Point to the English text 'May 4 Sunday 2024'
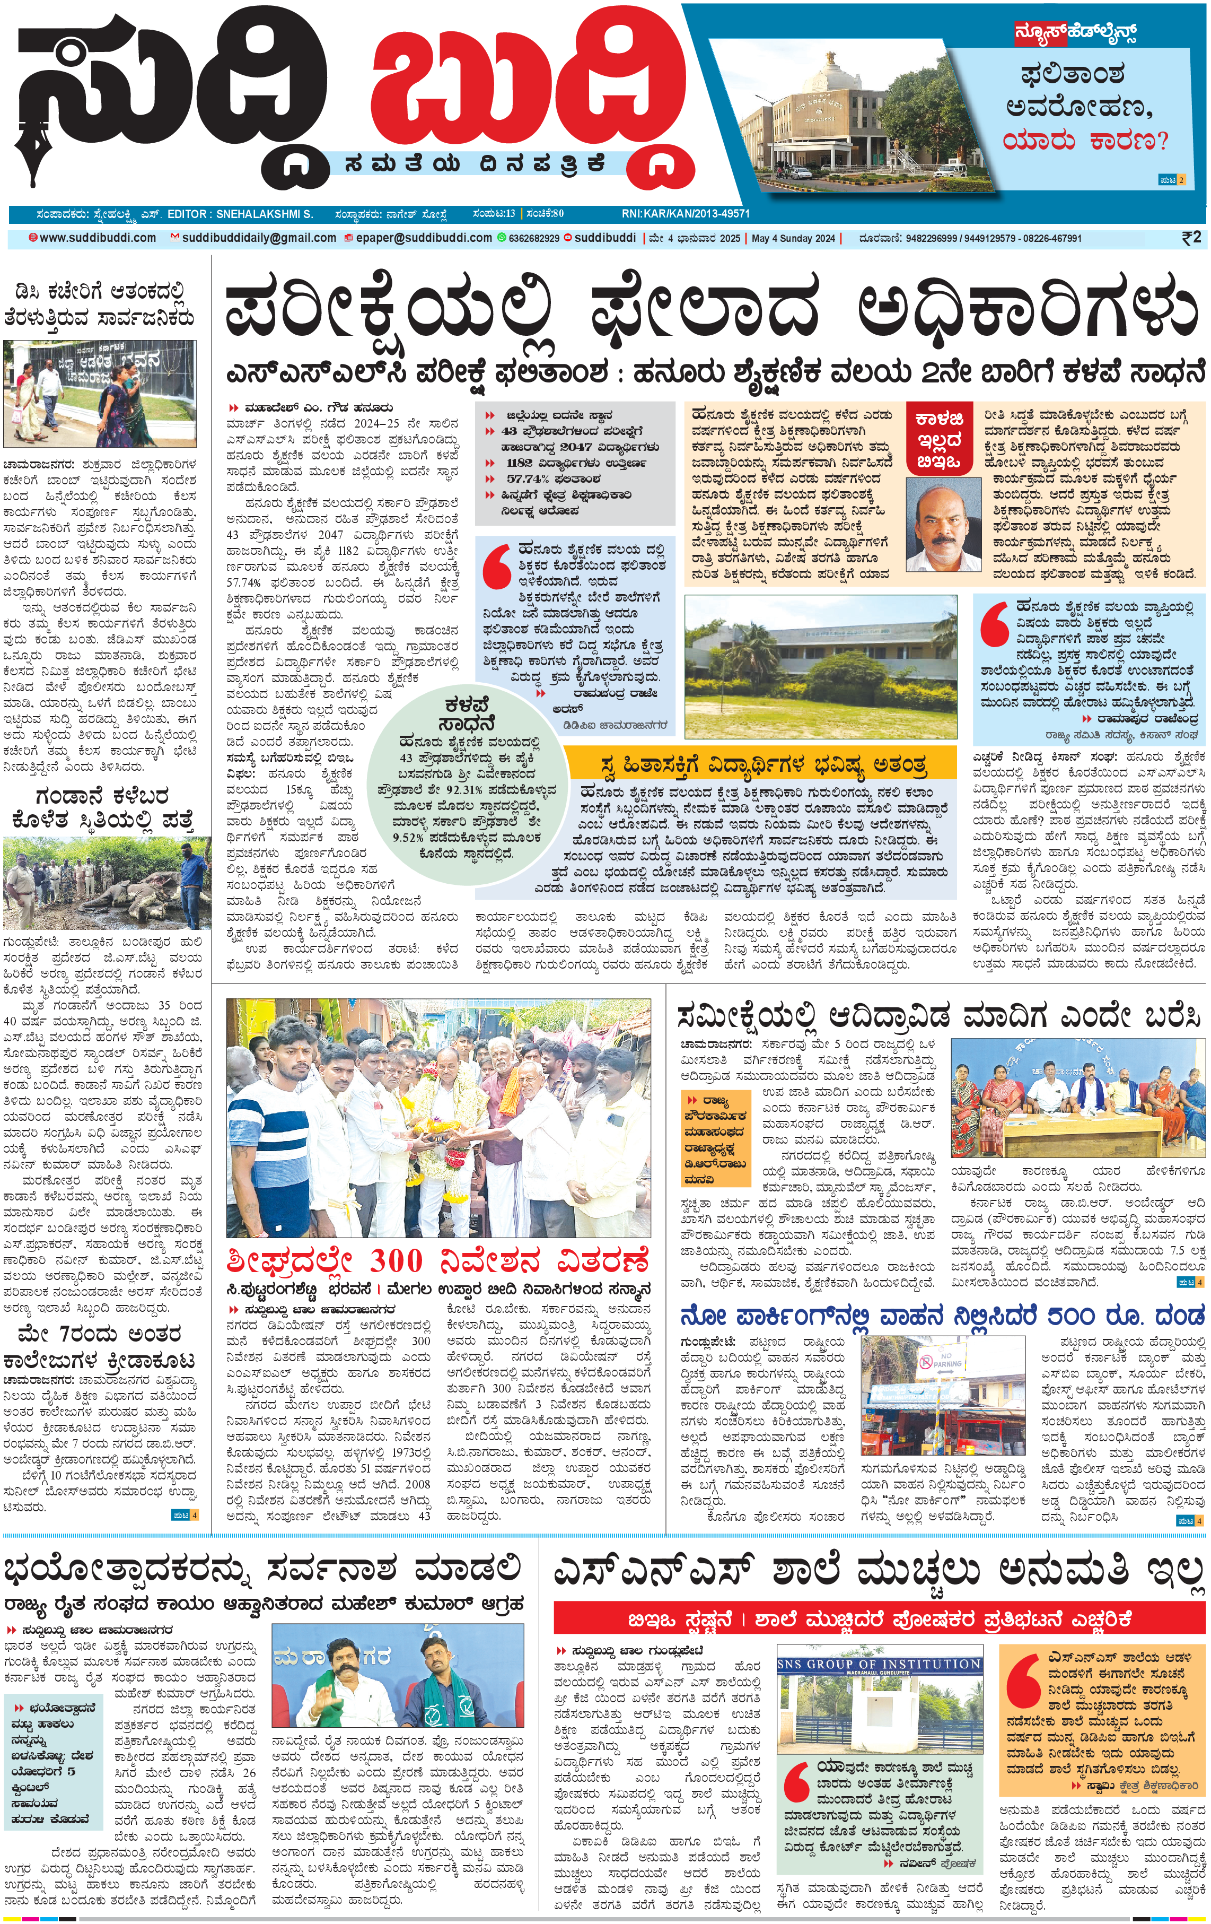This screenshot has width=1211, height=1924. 793,238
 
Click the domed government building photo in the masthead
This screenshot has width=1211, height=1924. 847,120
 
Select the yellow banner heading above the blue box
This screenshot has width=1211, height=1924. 759,764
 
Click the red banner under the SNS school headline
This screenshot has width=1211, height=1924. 879,1620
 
